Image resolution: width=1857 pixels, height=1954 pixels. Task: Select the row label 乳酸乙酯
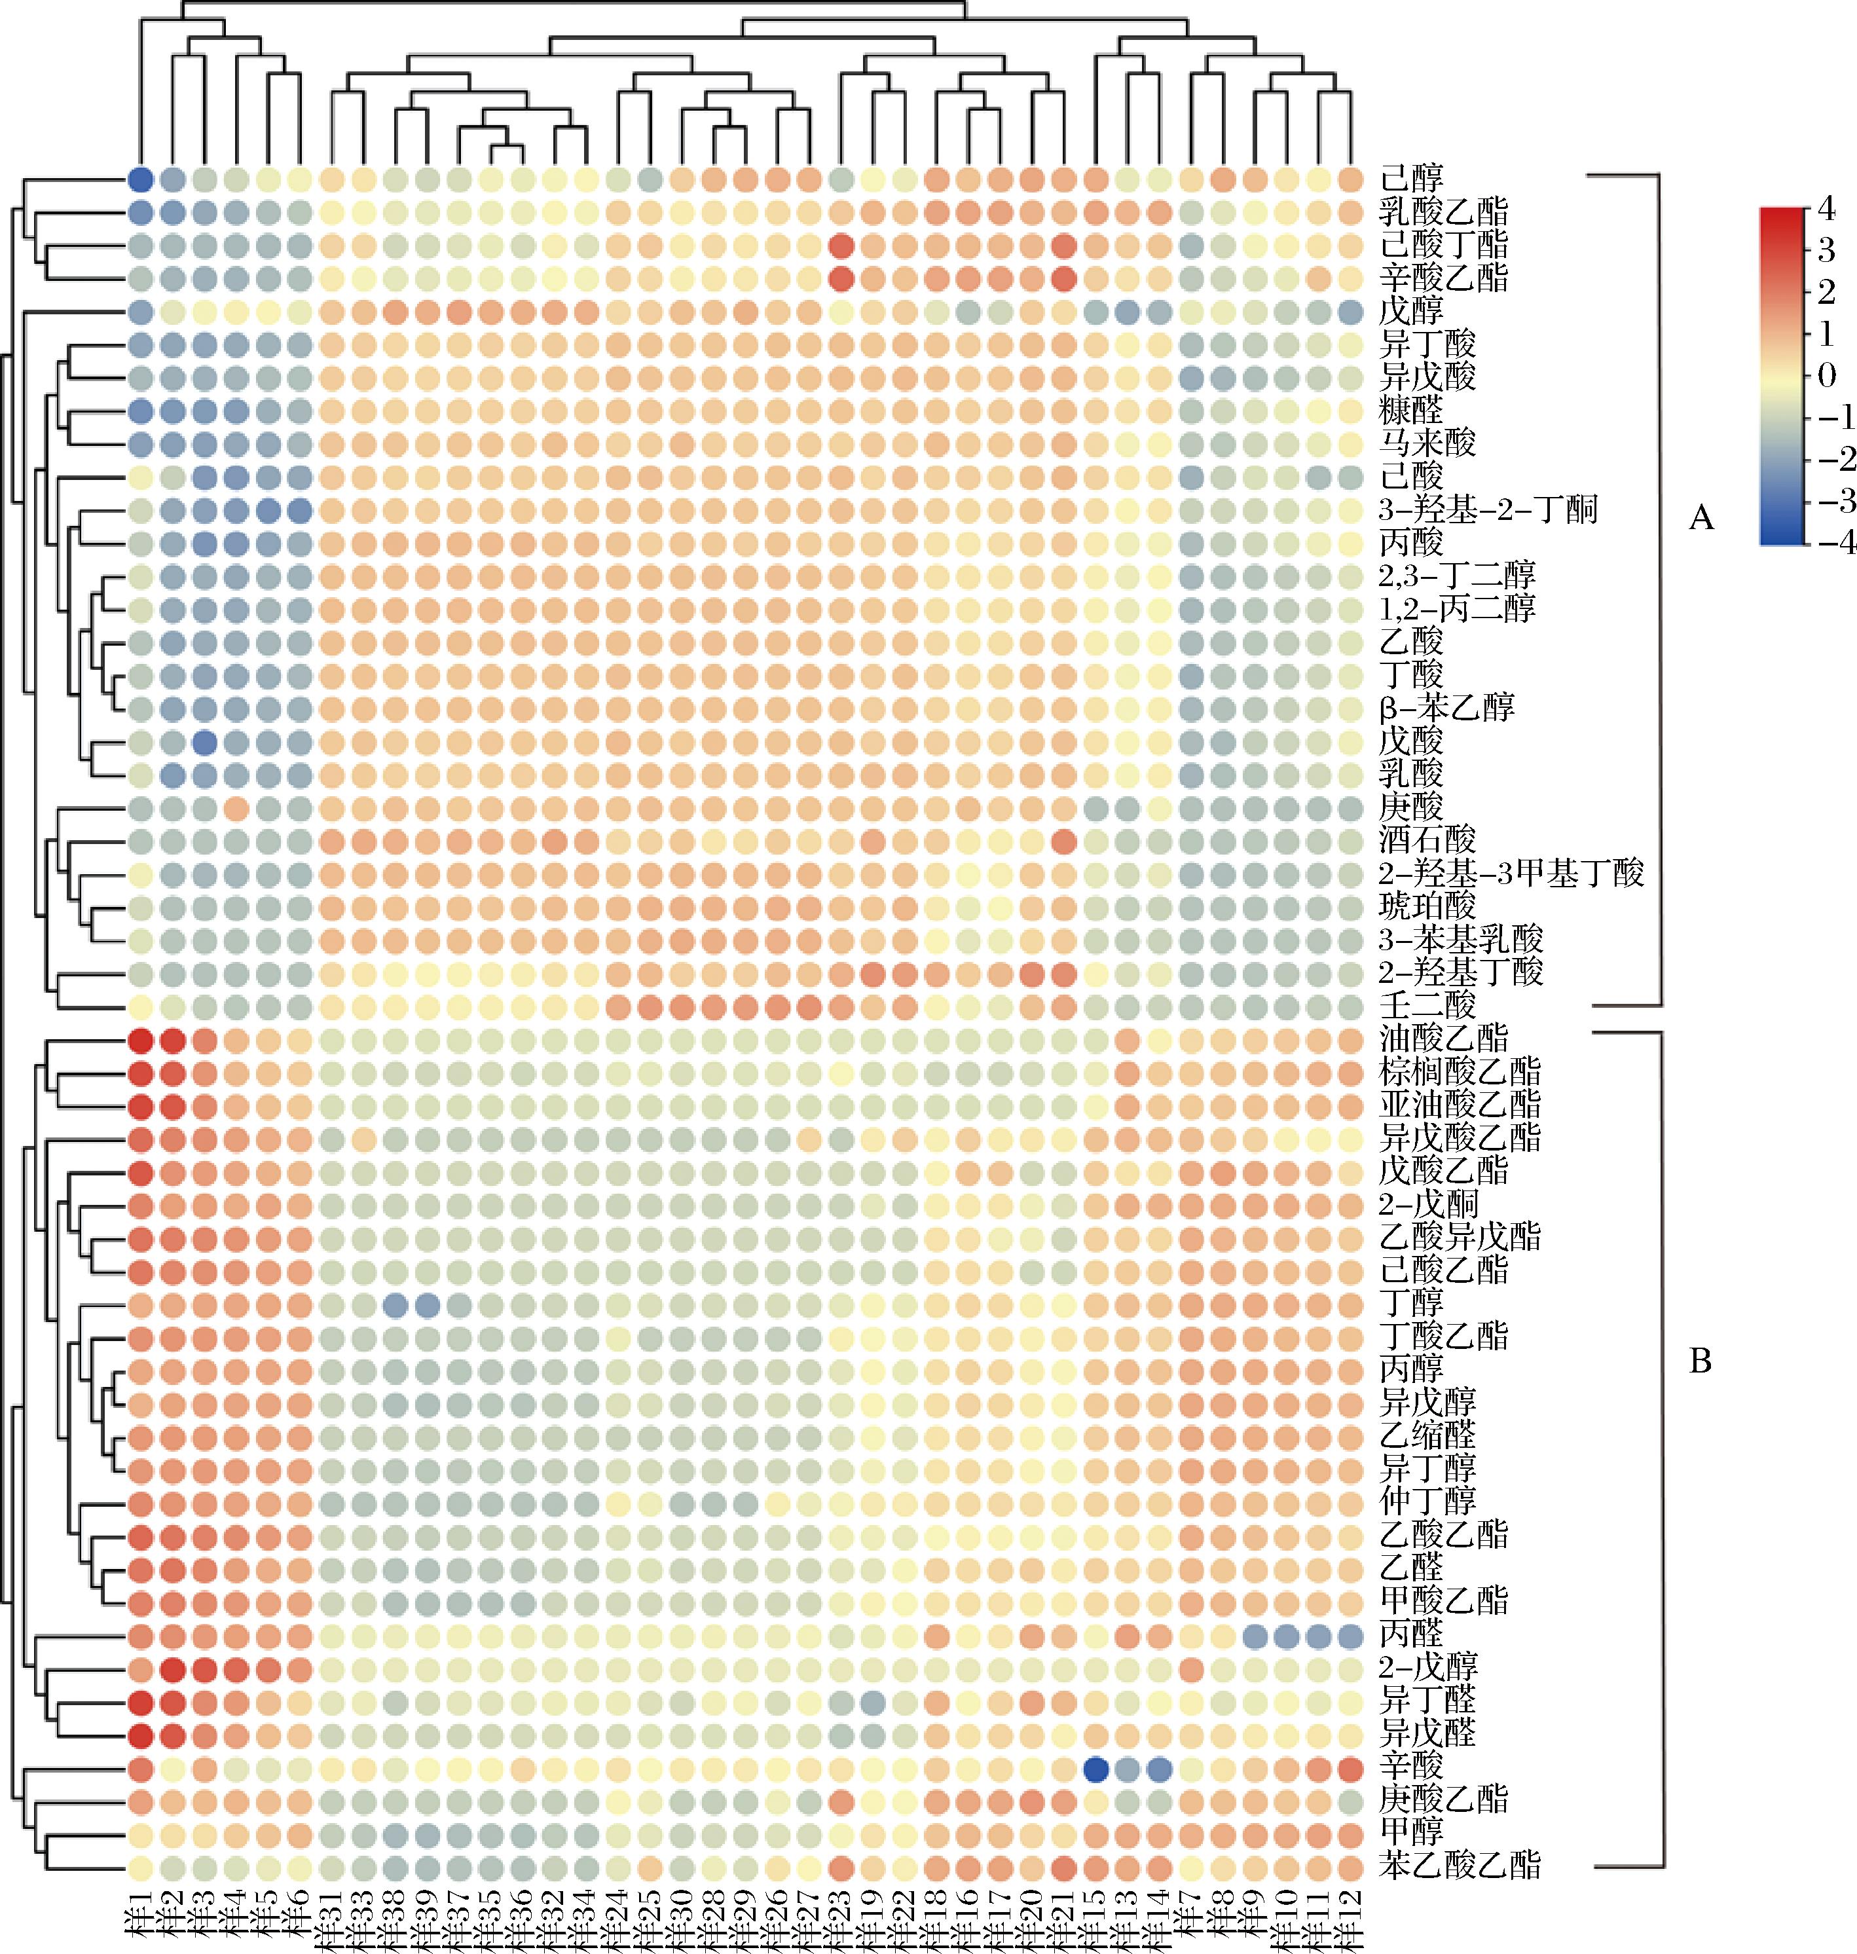(1443, 212)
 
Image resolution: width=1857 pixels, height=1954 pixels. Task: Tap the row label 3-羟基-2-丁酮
(1488, 510)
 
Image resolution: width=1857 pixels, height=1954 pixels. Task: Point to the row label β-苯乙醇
(1446, 709)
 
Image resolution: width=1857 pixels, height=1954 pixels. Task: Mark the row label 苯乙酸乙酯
(1460, 1865)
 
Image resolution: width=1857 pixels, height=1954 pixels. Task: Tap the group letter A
(1701, 518)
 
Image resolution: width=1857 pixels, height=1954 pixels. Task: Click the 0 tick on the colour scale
(1828, 376)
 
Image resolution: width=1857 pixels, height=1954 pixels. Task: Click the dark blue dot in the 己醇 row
(141, 179)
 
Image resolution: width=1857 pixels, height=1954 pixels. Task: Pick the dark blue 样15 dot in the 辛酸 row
(1095, 1766)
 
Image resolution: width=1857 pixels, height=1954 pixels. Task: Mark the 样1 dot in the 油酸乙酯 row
(141, 1039)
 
